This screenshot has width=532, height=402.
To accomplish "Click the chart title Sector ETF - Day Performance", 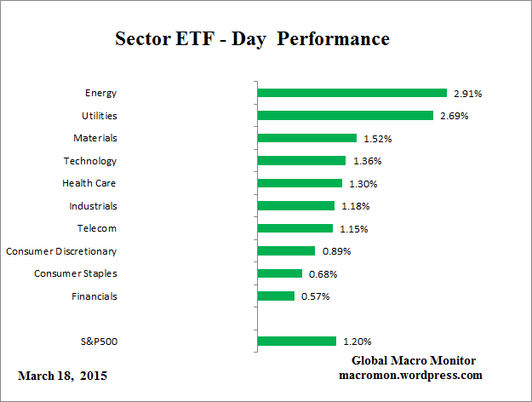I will click(251, 39).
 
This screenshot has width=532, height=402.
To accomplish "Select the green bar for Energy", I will click(352, 93).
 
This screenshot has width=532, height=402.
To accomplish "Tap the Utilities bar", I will click(345, 115).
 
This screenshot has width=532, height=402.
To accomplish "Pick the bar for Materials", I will click(306, 138).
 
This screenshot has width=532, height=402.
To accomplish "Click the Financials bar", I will click(276, 296).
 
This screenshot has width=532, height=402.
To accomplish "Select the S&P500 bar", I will click(296, 341).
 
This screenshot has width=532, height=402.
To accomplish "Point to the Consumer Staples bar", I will click(279, 273).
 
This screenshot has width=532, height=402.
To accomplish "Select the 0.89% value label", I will click(336, 251).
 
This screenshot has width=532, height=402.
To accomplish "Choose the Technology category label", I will click(90, 160).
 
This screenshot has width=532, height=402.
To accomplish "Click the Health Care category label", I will click(89, 183).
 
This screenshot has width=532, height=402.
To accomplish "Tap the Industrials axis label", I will click(93, 205).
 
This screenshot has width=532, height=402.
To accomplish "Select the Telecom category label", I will click(96, 228).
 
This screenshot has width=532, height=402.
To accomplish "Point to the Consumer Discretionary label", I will click(61, 251).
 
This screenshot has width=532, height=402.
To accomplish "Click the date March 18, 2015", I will click(62, 376).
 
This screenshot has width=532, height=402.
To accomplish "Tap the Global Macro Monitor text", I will click(415, 360).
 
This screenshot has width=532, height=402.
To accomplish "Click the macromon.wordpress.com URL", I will click(410, 375).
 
